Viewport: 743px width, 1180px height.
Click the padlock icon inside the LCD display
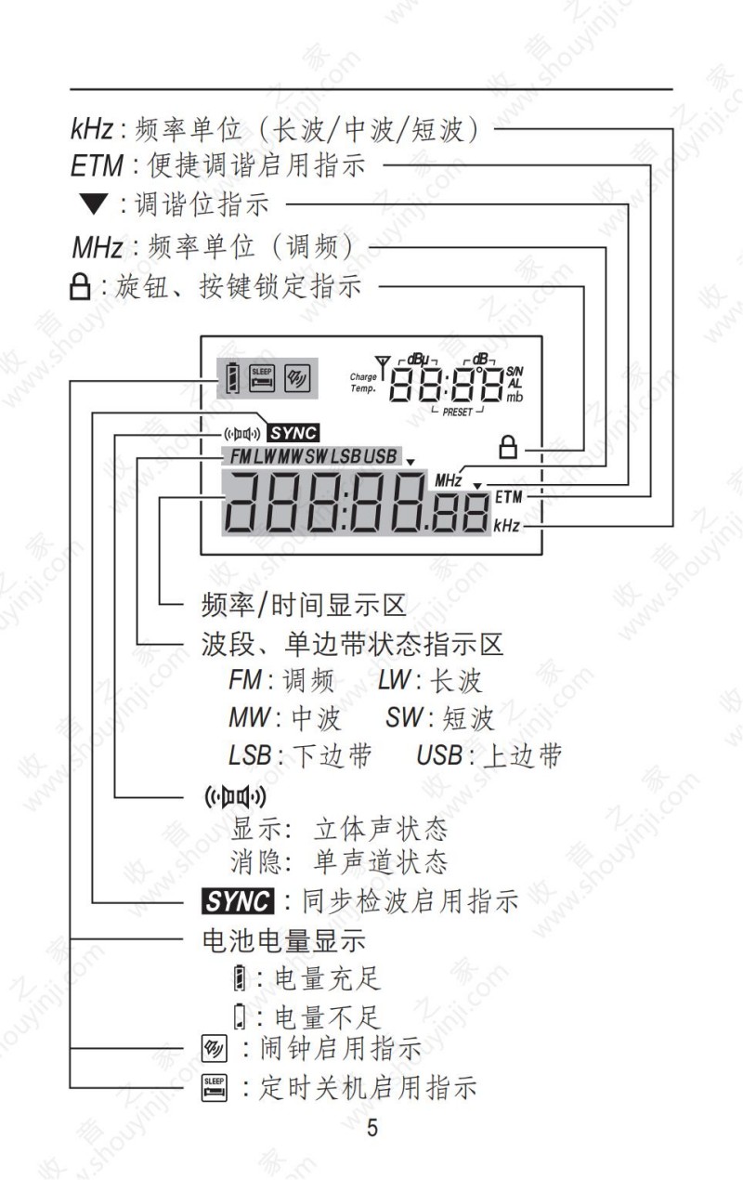click(x=508, y=447)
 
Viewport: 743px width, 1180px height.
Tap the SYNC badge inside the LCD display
click(x=293, y=434)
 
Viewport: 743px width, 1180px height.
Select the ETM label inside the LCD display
click(x=508, y=497)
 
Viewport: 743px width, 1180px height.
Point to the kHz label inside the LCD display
click(x=506, y=526)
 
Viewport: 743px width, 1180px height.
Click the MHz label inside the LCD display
click(x=448, y=480)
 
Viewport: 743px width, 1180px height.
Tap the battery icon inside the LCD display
click(x=232, y=378)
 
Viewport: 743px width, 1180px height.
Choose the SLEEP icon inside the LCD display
click(x=262, y=378)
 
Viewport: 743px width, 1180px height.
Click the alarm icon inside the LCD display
click(x=297, y=378)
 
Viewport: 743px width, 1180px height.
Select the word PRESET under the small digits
click(x=457, y=412)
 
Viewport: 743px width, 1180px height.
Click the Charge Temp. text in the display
click(x=363, y=383)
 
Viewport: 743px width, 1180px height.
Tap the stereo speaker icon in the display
click(x=242, y=434)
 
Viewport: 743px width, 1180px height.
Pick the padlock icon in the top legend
click(x=80, y=287)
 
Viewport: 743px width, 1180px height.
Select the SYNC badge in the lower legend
click(x=238, y=901)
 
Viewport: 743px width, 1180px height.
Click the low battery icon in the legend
click(x=240, y=1016)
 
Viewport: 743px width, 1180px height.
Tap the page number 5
click(x=372, y=1128)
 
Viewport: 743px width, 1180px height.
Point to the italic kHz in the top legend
click(x=92, y=128)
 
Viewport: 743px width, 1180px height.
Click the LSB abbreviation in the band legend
click(x=250, y=754)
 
